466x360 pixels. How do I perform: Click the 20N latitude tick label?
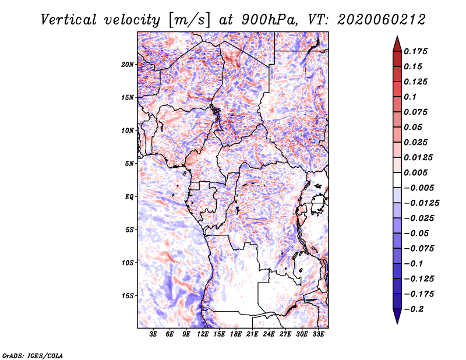(x=128, y=64)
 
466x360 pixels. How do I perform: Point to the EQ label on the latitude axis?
(x=129, y=196)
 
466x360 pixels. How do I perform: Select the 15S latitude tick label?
(x=128, y=295)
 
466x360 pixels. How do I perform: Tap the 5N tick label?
(x=129, y=164)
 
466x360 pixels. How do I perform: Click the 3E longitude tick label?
(x=154, y=334)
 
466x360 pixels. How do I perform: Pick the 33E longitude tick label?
(x=318, y=334)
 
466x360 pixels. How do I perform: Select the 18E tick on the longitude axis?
(x=236, y=334)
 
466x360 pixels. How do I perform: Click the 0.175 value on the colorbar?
(x=417, y=52)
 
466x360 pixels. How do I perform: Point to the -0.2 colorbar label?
(x=415, y=309)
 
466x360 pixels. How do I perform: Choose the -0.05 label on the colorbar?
(x=417, y=233)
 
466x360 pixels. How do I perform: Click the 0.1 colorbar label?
(x=412, y=97)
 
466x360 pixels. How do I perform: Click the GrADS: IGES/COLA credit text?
(x=32, y=354)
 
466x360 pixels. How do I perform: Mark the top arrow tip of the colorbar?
(x=397, y=38)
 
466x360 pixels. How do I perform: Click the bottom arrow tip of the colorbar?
(x=397, y=322)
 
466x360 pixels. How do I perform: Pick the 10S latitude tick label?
(x=128, y=263)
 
